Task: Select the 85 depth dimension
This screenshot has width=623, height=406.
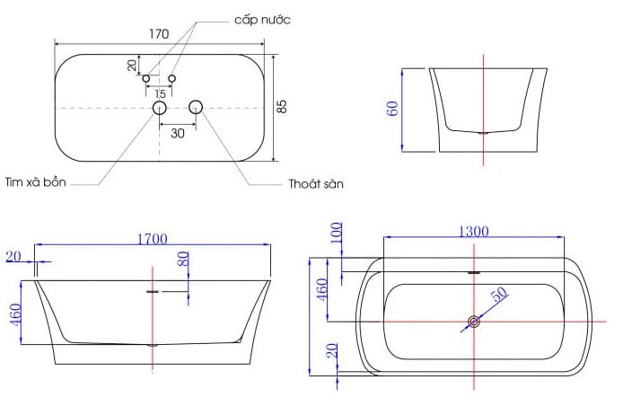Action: pyautogui.click(x=282, y=106)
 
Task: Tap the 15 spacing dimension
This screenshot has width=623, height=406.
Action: pyautogui.click(x=159, y=93)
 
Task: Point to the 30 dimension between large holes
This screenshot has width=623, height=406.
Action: pyautogui.click(x=178, y=132)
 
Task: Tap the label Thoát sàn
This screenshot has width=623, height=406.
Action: pyautogui.click(x=316, y=183)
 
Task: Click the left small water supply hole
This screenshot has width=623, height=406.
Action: pyautogui.click(x=146, y=79)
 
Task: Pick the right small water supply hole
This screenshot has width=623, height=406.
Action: pyautogui.click(x=172, y=79)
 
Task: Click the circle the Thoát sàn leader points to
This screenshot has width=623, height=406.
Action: pyautogui.click(x=196, y=109)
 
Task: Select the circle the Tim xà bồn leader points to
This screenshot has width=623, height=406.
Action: pyautogui.click(x=160, y=109)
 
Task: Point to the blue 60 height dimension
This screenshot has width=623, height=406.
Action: pyautogui.click(x=392, y=109)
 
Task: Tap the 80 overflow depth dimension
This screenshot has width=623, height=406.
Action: pyautogui.click(x=182, y=261)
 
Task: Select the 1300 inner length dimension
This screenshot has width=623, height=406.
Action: pyautogui.click(x=472, y=231)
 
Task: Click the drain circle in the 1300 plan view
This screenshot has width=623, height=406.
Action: pyautogui.click(x=473, y=322)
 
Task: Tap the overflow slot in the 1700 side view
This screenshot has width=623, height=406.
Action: pyautogui.click(x=153, y=290)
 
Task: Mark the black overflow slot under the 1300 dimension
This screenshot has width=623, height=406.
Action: pyautogui.click(x=474, y=271)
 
